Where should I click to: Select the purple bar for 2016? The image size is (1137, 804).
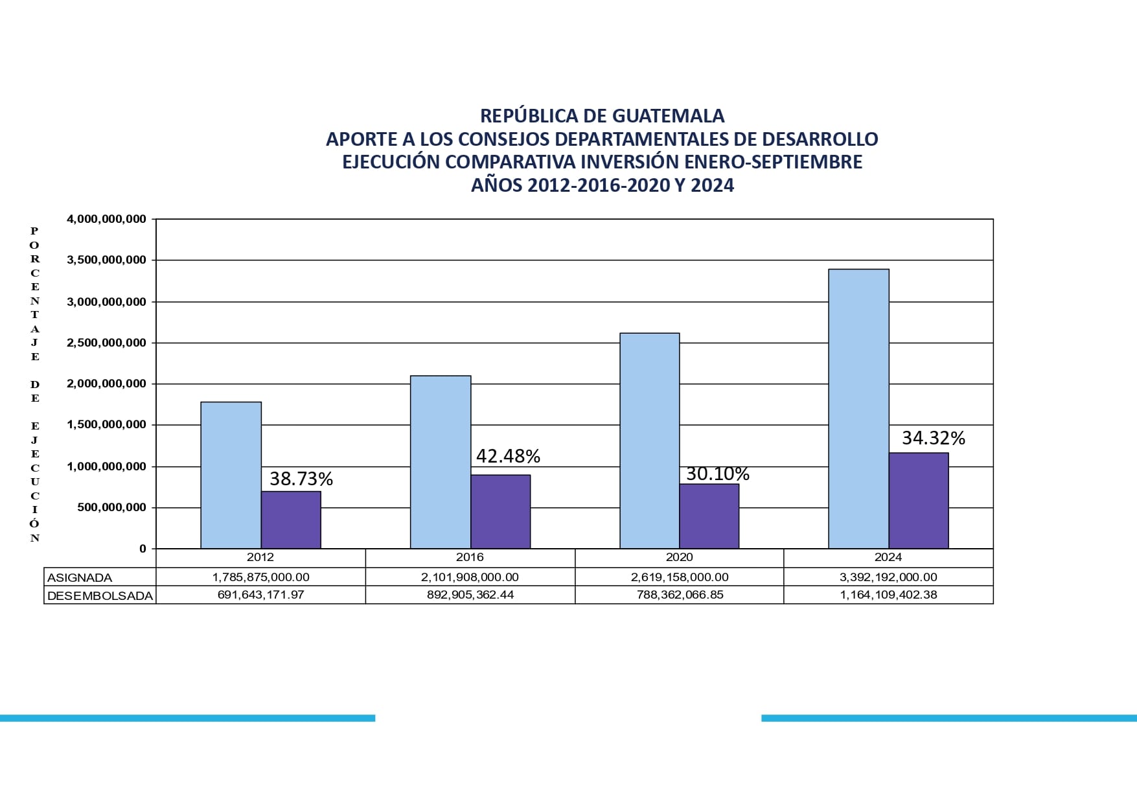[500, 512]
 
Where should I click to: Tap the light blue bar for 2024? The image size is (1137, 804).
[858, 409]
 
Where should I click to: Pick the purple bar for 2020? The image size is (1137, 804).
[709, 516]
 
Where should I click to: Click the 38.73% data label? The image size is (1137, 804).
[301, 479]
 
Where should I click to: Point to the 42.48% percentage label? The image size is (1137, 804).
[508, 456]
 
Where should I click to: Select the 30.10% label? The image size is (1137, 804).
[717, 474]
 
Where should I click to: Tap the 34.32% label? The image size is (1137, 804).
[933, 438]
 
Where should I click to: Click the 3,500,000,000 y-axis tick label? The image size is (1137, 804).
[106, 260]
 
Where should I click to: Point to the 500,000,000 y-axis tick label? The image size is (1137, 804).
[111, 507]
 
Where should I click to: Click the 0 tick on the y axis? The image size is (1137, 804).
[143, 549]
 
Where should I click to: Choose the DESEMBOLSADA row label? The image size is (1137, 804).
[100, 595]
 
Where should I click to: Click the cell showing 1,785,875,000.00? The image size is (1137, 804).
[260, 577]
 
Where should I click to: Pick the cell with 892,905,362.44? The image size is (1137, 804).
[470, 595]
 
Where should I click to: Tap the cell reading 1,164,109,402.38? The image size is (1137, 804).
[888, 595]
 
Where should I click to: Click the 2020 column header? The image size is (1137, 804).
[679, 557]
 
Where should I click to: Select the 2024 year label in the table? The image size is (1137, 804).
[888, 557]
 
